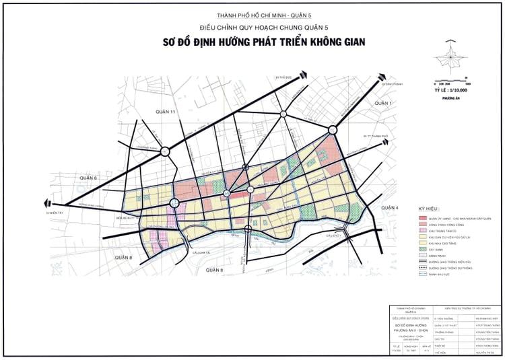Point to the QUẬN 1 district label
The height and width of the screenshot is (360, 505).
[x=382, y=102]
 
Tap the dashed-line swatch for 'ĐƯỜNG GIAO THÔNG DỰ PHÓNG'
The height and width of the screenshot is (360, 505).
[x=423, y=267]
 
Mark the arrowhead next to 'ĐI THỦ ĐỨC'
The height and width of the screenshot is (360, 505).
[x=304, y=77]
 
